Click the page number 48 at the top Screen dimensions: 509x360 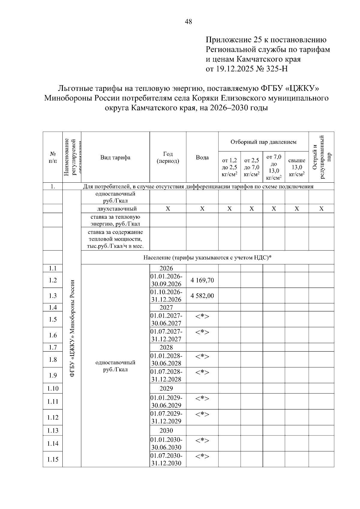pyautogui.click(x=189, y=22)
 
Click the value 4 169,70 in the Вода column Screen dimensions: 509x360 pyautogui.click(x=202, y=280)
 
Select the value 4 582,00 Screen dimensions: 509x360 pyautogui.click(x=202, y=296)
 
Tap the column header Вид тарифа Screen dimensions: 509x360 pyautogui.click(x=115, y=157)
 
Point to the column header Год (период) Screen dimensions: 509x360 pyautogui.click(x=168, y=157)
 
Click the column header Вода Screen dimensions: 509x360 pyautogui.click(x=202, y=157)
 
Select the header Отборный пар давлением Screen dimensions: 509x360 pyautogui.click(x=263, y=142)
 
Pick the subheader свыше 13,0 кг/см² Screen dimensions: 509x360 pyautogui.click(x=296, y=167)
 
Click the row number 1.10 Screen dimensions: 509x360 pyautogui.click(x=53, y=388)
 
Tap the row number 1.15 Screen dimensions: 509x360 pyautogui.click(x=53, y=459)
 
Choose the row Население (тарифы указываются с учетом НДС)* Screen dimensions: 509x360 pyautogui.click(x=207, y=258)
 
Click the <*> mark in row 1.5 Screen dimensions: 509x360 pyautogui.click(x=202, y=316)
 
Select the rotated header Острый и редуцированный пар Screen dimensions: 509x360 pyautogui.click(x=321, y=157)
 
